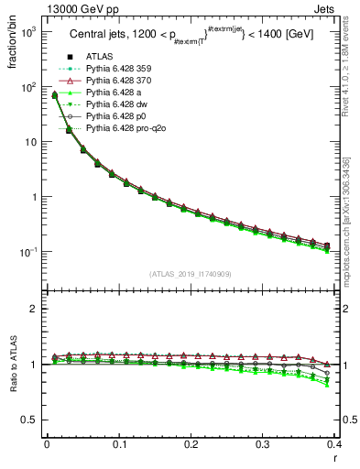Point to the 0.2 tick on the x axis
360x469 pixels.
pyautogui.click(x=191, y=444)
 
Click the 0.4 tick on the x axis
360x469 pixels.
pyautogui.click(x=334, y=444)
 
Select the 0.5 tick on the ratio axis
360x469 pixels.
pyautogui.click(x=33, y=420)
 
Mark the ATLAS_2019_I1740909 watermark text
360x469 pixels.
pyautogui.click(x=191, y=273)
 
